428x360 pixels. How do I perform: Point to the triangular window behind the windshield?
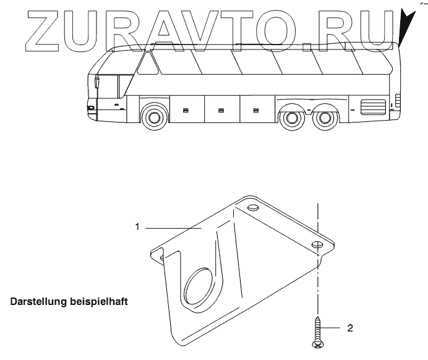[147, 62]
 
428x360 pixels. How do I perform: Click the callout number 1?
[137, 227]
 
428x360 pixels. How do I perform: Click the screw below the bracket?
[317, 328]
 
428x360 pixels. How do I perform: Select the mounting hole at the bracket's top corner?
[252, 207]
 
